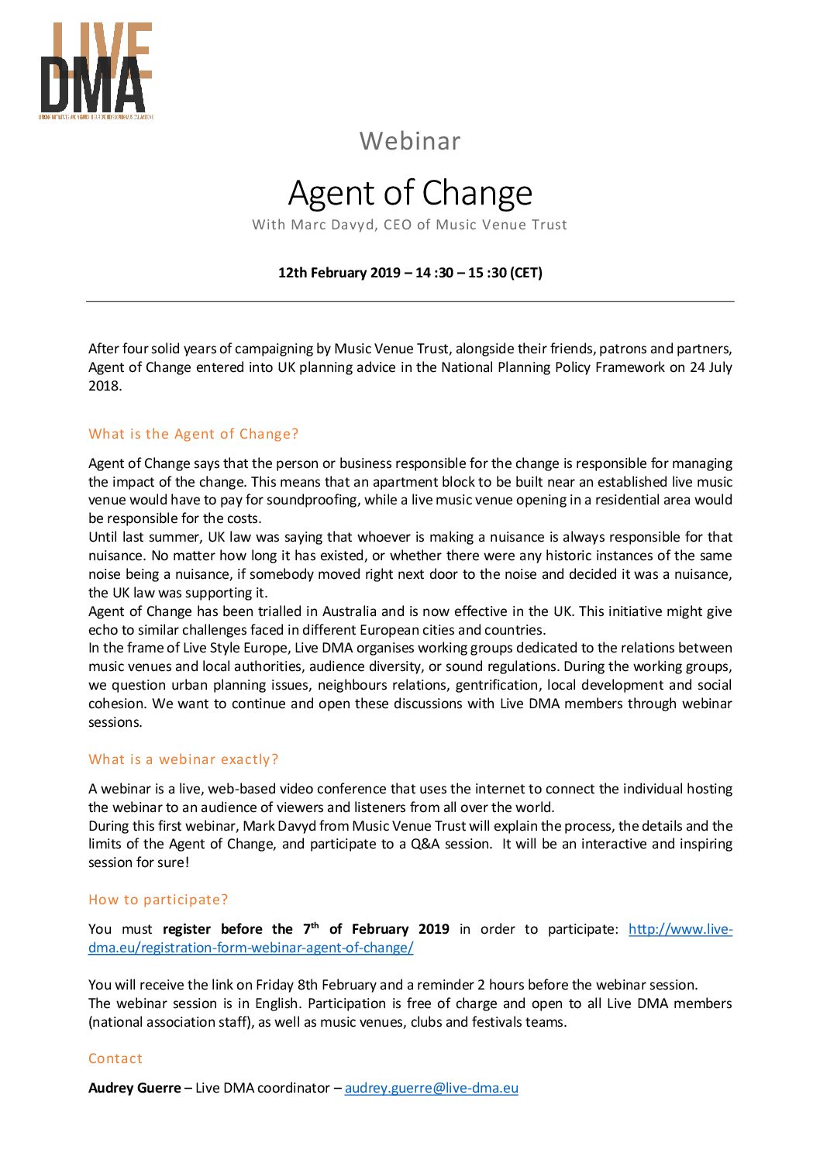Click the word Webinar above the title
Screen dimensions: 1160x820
click(410, 141)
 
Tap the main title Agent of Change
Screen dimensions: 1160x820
click(410, 193)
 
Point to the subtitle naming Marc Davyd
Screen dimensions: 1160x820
click(410, 225)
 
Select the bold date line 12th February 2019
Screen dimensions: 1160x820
click(410, 273)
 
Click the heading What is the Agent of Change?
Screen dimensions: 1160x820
click(193, 434)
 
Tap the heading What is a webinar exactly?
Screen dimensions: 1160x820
click(183, 759)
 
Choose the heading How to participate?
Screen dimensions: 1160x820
click(158, 900)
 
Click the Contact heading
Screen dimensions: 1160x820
click(115, 1058)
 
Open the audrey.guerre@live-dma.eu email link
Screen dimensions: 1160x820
click(431, 1088)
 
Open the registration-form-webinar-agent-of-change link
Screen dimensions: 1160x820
click(250, 948)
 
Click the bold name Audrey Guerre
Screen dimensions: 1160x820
click(134, 1088)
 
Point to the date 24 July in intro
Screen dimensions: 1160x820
click(710, 367)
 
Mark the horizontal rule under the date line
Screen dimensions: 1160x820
click(410, 301)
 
